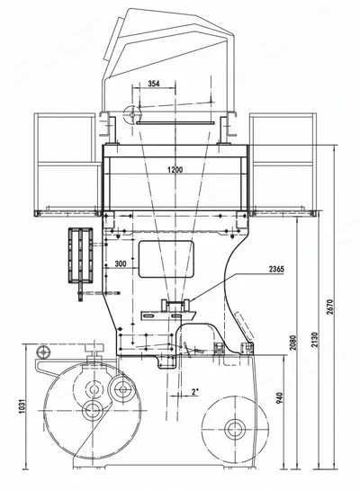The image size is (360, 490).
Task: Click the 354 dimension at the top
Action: (x=154, y=84)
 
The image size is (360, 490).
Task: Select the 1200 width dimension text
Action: (x=175, y=170)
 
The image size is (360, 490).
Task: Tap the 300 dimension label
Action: (x=121, y=263)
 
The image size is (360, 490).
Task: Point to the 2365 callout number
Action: (x=276, y=269)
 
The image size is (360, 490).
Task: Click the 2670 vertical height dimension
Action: (x=331, y=307)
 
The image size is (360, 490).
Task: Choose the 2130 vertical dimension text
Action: (x=315, y=340)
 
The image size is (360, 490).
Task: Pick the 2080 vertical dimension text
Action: (x=292, y=343)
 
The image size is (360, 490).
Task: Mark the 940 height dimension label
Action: (x=280, y=397)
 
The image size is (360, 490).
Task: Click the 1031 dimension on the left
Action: (x=22, y=406)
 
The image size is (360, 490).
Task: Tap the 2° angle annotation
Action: (x=195, y=392)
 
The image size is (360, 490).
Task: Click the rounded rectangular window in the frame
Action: (x=166, y=259)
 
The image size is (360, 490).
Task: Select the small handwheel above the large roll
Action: (x=43, y=352)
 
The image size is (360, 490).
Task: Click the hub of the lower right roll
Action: (x=235, y=429)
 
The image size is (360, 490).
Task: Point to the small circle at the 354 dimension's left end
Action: (x=132, y=115)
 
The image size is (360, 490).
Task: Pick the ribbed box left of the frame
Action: (x=81, y=255)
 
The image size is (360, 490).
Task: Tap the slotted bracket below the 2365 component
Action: (x=168, y=316)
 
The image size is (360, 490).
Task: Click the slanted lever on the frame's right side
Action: (x=244, y=327)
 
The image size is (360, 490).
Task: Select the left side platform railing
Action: (x=66, y=165)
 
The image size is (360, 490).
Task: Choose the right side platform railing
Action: (x=283, y=165)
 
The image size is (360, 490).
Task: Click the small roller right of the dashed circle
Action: (x=122, y=389)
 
